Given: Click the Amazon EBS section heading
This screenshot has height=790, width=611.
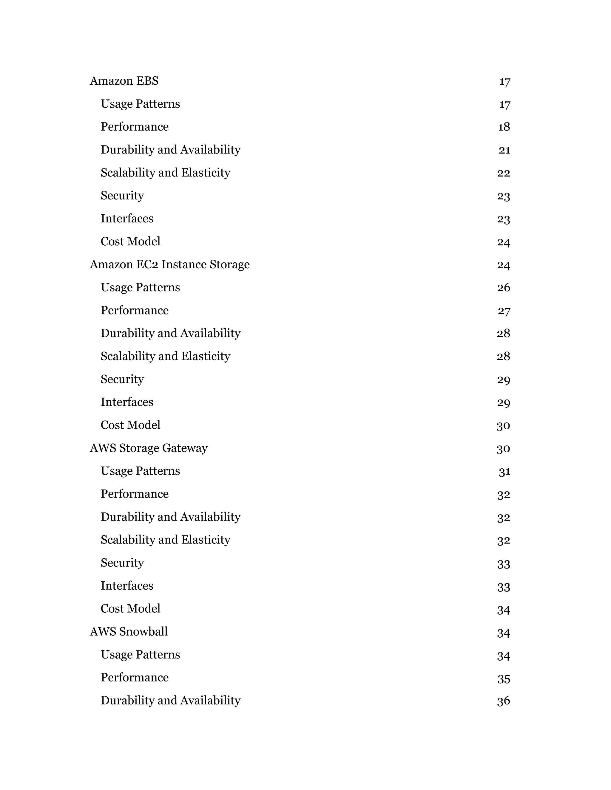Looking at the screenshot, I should coord(124,81).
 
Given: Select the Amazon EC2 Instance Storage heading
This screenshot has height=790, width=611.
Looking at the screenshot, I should coord(169,264).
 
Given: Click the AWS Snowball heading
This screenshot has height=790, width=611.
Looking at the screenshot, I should coord(129,632).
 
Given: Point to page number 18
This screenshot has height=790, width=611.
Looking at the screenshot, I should coord(504,127).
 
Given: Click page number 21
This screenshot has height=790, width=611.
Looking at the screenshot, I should coord(504,150).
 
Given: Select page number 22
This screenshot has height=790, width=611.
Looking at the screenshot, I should coord(504,173).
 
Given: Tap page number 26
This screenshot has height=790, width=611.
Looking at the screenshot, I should coord(504,288).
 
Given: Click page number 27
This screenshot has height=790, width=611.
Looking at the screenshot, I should coord(504,311).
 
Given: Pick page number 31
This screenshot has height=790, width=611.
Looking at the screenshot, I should coord(504,471).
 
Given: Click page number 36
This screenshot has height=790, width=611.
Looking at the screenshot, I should coord(504,701).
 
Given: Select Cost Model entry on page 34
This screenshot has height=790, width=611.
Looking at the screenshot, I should coord(130,608).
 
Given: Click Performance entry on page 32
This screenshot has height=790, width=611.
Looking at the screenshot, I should coord(134,494).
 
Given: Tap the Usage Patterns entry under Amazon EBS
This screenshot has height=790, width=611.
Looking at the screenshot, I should coord(140,104).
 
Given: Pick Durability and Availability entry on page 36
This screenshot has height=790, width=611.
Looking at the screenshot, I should coord(170,700).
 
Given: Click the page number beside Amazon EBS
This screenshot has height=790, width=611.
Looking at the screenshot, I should coord(504,81).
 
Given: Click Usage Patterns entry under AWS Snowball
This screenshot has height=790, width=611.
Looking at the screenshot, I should coord(140,654).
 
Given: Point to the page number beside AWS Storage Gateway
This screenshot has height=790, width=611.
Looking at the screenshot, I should coord(503,449).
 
